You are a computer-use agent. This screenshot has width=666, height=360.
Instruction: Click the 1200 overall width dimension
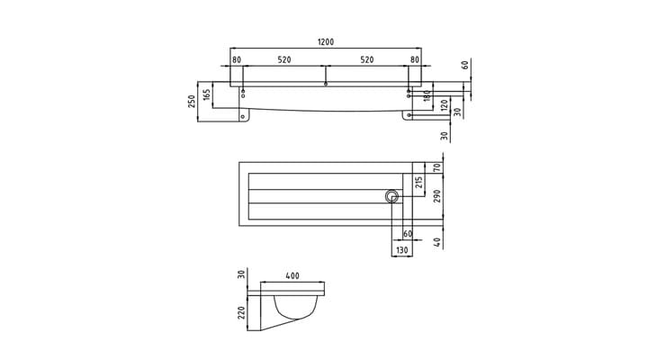pos(326,42)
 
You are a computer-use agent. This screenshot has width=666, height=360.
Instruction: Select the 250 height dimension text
pos(192,102)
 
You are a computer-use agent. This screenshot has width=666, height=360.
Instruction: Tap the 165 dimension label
pos(207,94)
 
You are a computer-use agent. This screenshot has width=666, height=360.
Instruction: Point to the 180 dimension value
pos(427,94)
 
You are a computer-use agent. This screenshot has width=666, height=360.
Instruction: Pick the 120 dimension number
pos(445,104)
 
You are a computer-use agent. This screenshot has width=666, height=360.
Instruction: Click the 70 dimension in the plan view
pos(437,167)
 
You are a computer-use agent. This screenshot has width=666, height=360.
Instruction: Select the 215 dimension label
pos(418,183)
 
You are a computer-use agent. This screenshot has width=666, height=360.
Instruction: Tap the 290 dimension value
pos(437,196)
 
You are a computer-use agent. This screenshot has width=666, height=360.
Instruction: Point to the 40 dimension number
pos(437,242)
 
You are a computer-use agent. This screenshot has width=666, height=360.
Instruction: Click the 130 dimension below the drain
pos(401,250)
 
